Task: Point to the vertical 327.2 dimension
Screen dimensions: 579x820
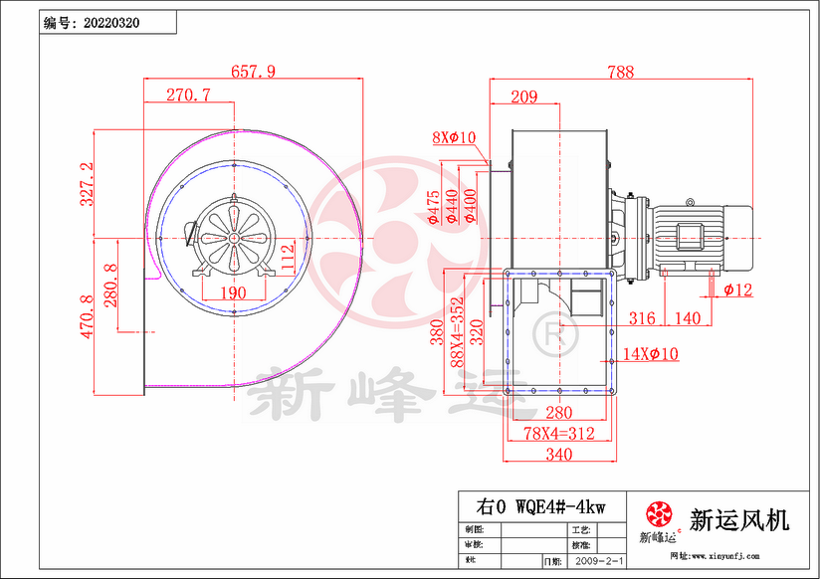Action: pyautogui.click(x=87, y=184)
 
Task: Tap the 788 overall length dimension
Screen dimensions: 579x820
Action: pyautogui.click(x=619, y=71)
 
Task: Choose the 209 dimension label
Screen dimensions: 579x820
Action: pyautogui.click(x=523, y=96)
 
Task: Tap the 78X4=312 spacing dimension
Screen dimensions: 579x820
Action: pyautogui.click(x=557, y=434)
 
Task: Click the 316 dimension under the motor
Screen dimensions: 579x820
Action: pyautogui.click(x=643, y=317)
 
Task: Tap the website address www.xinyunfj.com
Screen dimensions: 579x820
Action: pyautogui.click(x=719, y=556)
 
